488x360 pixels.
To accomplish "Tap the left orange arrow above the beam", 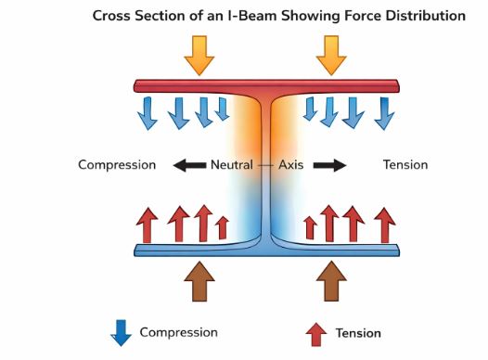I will pyautogui.click(x=199, y=56).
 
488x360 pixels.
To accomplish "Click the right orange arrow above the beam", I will pyautogui.click(x=331, y=56).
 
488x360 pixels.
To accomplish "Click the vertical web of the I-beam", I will pyautogui.click(x=267, y=167).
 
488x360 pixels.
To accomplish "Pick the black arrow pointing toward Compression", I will pyautogui.click(x=190, y=165).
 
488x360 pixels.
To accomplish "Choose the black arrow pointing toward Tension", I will pyautogui.click(x=329, y=165).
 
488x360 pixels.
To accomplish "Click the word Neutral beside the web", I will pyautogui.click(x=232, y=165).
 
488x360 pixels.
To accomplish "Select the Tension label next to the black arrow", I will pyautogui.click(x=405, y=165).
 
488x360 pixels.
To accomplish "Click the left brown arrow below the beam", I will pyautogui.click(x=199, y=281).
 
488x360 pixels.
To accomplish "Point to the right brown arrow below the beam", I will pyautogui.click(x=331, y=281).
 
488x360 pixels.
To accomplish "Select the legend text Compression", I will pyautogui.click(x=178, y=332).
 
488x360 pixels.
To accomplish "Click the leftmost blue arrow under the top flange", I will pyautogui.click(x=148, y=112).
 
